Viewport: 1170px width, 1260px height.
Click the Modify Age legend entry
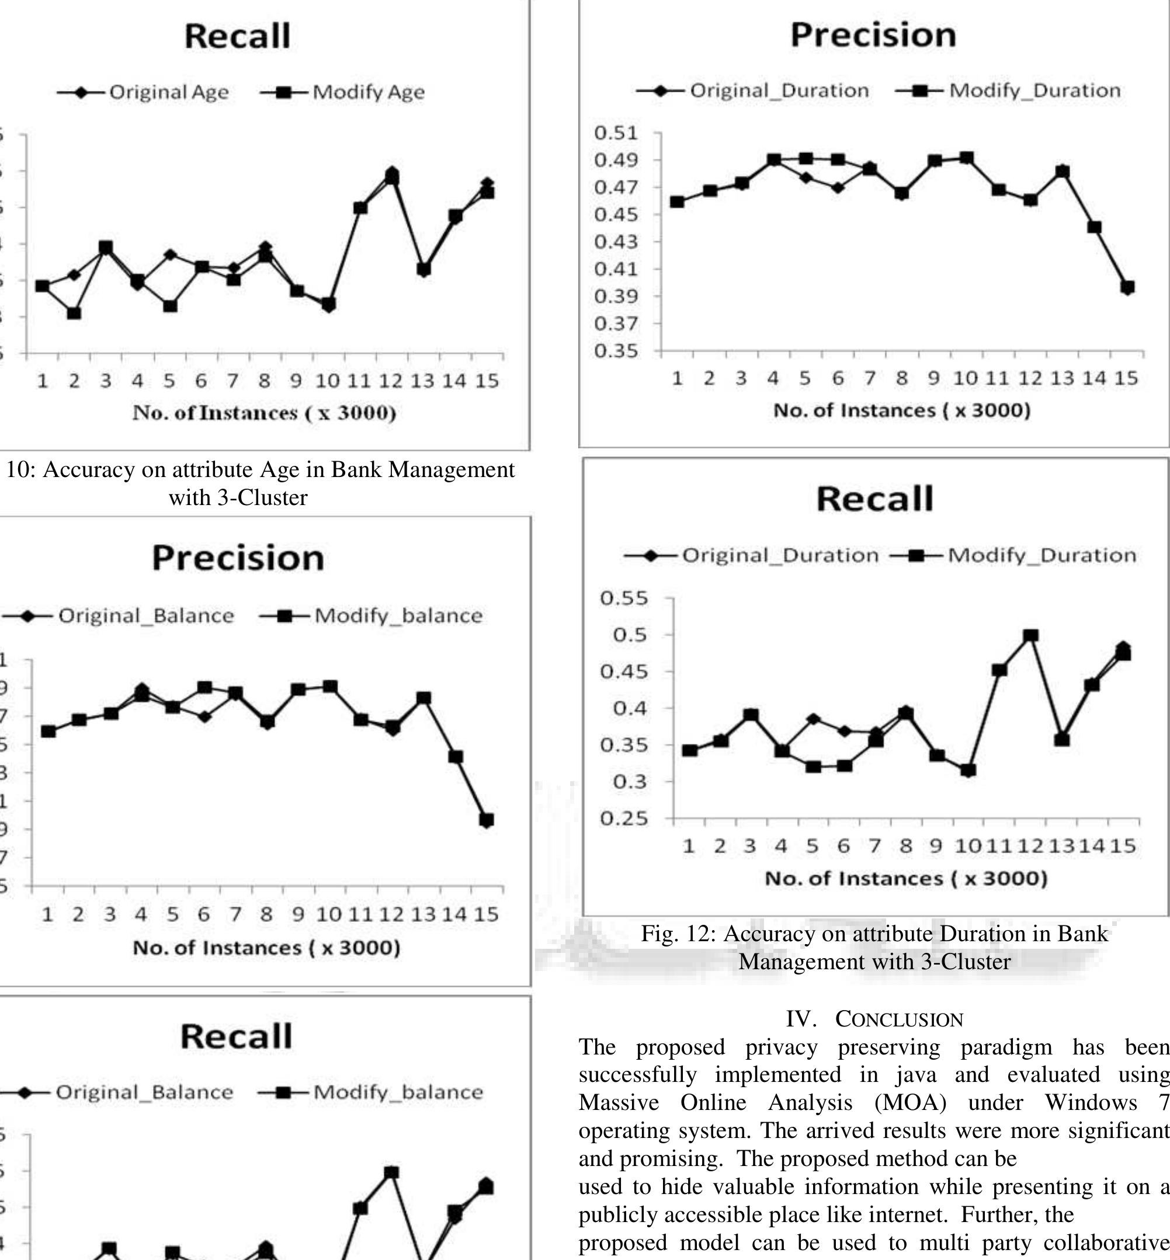coord(368,92)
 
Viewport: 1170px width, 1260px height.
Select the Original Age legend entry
coord(168,92)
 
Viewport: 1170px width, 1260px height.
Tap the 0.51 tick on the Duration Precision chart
coord(616,133)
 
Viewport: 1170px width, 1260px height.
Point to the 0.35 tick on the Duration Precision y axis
coord(616,350)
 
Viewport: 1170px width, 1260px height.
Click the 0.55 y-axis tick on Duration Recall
coord(624,597)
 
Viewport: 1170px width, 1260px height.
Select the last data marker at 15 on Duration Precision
coord(1127,287)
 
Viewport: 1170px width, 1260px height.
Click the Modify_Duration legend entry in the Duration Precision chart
coord(1034,91)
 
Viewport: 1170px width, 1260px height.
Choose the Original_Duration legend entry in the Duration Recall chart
coord(780,556)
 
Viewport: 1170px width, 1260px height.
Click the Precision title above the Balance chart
coord(238,558)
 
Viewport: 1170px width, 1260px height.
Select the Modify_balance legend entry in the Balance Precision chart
coord(398,616)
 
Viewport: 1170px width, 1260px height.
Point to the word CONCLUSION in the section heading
coord(899,1019)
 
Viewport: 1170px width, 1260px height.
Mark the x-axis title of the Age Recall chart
coord(265,413)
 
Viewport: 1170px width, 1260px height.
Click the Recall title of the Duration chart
coord(874,499)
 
